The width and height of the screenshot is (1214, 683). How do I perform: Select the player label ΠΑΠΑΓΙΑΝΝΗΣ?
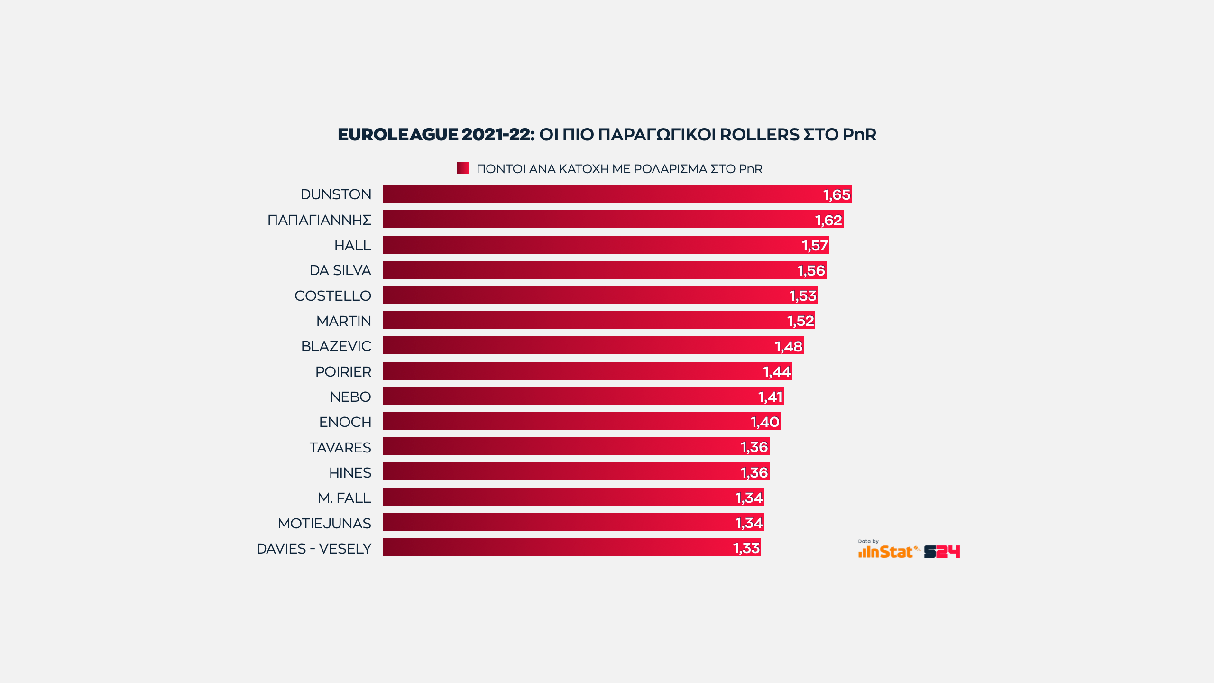tap(319, 220)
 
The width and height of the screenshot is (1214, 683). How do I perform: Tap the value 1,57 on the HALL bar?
tap(815, 245)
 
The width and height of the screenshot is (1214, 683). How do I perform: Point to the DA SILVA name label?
tap(340, 270)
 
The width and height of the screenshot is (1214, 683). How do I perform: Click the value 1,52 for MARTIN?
tap(800, 321)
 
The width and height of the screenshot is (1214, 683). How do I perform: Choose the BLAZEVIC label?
tap(336, 346)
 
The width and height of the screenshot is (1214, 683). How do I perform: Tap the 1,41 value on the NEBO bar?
tap(770, 397)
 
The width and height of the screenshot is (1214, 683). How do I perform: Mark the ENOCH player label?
tap(345, 422)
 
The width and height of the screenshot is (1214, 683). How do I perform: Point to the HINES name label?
tap(350, 473)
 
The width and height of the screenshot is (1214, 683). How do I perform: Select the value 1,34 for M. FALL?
tap(749, 498)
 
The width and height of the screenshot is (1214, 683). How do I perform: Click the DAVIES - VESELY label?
tap(313, 549)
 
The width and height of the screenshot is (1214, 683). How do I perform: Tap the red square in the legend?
tap(462, 168)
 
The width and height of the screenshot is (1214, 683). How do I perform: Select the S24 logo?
tap(942, 552)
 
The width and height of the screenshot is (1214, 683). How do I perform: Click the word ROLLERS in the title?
tap(759, 135)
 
